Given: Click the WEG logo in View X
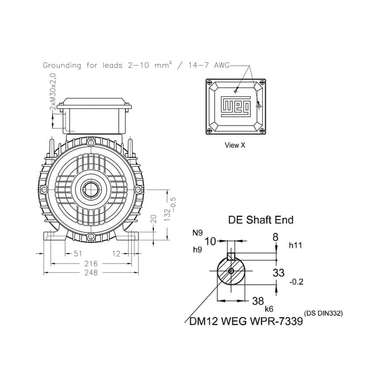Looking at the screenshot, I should pos(235,106).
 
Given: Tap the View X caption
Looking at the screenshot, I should pos(235,145).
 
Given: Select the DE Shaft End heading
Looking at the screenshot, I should pos(261,220).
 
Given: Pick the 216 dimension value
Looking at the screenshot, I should pos(92,263).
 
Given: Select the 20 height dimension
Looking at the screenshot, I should pos(153,220).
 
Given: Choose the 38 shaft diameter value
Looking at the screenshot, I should pos(258,300).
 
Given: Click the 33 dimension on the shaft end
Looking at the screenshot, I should pos(278,272).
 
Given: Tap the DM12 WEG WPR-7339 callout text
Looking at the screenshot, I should pos(246,321).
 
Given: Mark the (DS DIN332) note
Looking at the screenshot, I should pos(323,314).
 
